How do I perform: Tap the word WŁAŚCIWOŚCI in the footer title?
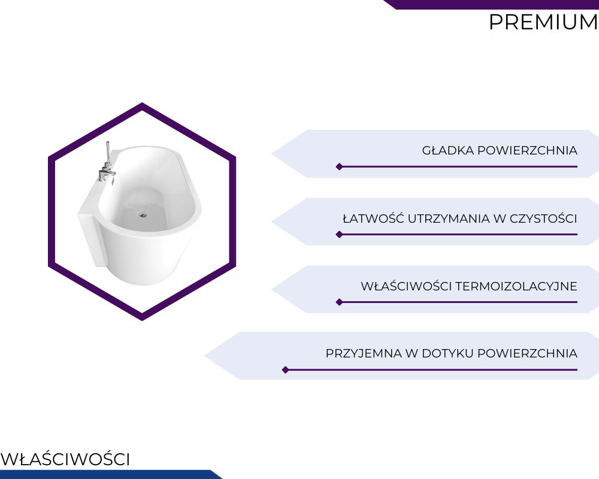[65, 459]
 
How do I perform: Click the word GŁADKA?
[448, 150]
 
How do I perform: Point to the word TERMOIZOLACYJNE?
[516, 286]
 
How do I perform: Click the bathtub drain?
[143, 215]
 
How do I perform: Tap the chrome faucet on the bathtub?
[107, 162]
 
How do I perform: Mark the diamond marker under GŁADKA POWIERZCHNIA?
[339, 166]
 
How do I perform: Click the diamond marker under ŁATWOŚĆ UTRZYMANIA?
[339, 235]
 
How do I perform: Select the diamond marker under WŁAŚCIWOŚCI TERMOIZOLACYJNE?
[339, 302]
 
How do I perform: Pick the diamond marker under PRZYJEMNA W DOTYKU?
[285, 370]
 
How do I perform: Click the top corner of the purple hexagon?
[142, 103]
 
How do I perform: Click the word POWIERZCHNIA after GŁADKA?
[527, 150]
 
